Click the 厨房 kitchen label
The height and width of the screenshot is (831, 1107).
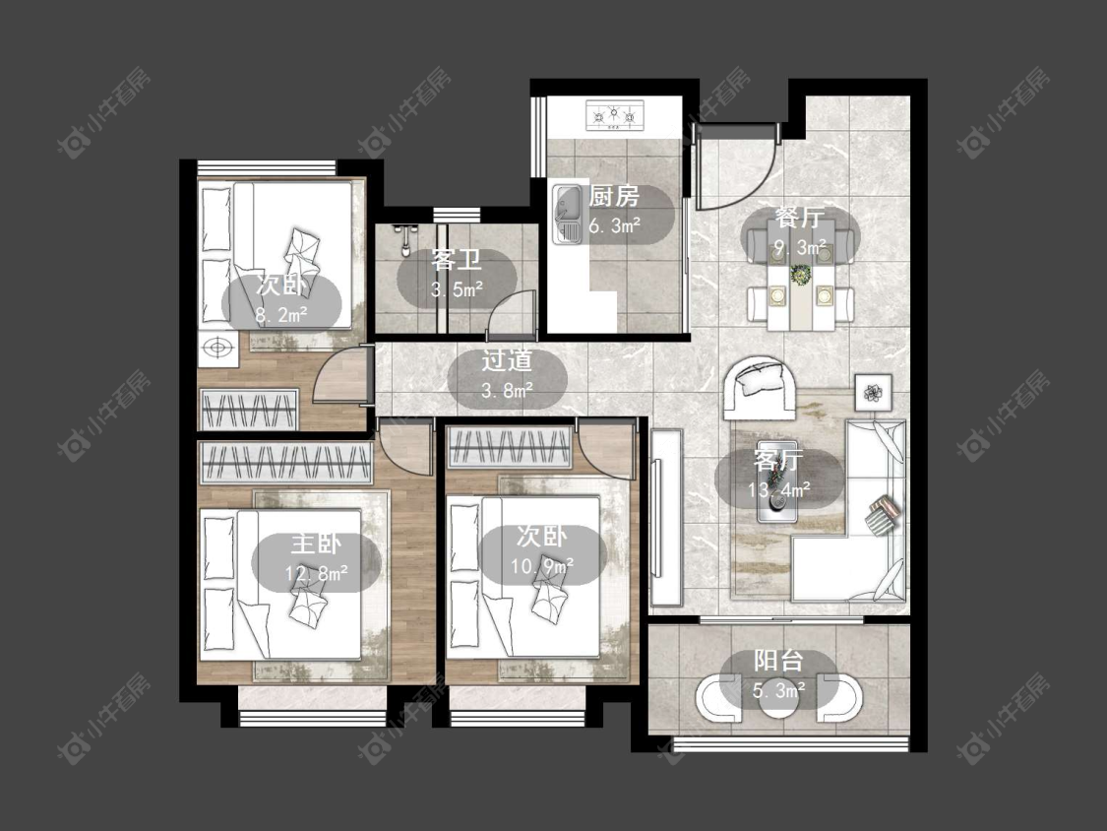coord(613,197)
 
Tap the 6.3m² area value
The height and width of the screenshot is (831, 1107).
coord(614,226)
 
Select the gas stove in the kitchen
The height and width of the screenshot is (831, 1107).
coord(614,115)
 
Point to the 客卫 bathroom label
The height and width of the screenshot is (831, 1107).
coord(456,260)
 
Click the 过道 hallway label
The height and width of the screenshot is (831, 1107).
coord(506,361)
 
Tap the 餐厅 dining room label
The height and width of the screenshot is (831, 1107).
coord(799,218)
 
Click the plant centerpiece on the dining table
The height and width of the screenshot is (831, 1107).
coord(801,274)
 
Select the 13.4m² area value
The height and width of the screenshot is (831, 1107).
coord(778,489)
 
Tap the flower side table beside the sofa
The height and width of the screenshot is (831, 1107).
coord(874,392)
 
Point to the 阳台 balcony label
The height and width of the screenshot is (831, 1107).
coord(778,661)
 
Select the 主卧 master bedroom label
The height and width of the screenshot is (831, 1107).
coord(316,544)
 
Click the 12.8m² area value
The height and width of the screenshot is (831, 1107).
coord(316,573)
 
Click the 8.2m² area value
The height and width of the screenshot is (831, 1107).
coord(281,314)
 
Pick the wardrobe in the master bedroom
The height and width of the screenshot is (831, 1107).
coord(286,463)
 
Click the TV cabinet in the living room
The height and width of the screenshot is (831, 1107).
coord(666,517)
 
